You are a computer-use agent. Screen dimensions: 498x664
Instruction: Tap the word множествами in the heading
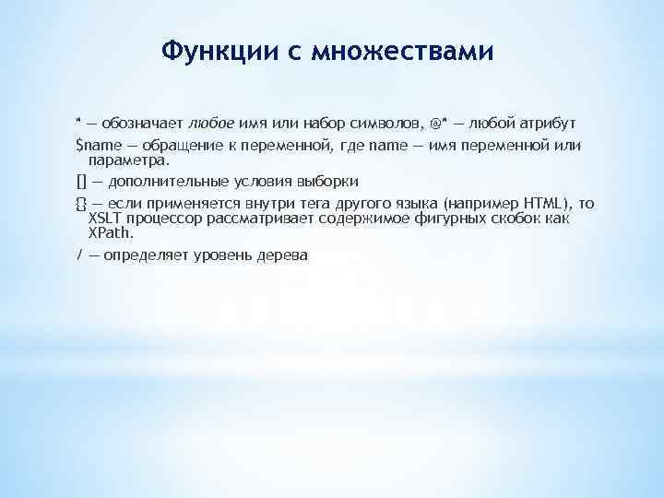(x=402, y=51)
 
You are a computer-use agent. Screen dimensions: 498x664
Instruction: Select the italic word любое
(x=212, y=123)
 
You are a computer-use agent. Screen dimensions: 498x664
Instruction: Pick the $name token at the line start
(x=95, y=146)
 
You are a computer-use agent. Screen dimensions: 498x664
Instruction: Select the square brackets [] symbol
(x=80, y=181)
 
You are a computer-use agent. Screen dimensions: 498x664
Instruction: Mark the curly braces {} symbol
(x=80, y=203)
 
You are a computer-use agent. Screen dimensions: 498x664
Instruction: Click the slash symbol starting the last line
(x=78, y=255)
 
